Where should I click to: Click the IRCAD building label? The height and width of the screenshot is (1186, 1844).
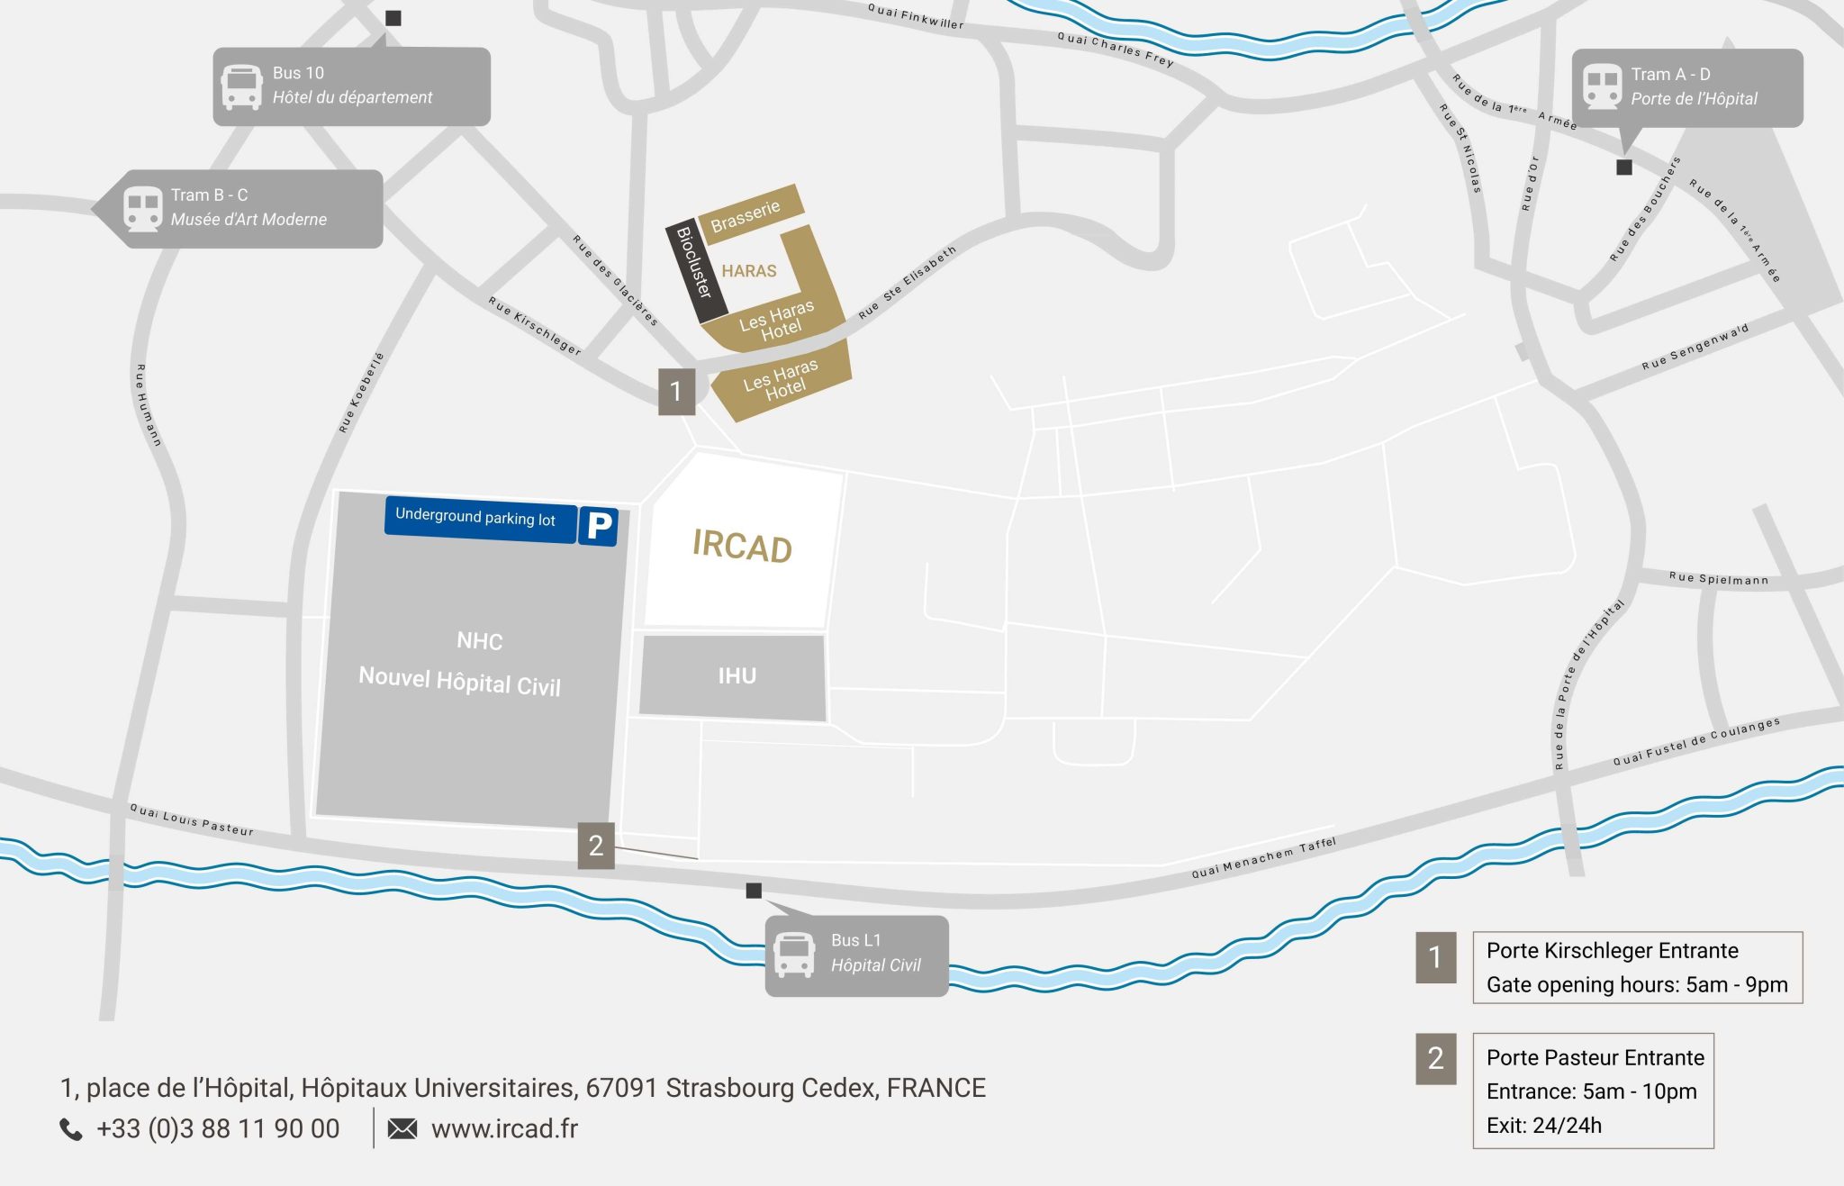(x=742, y=546)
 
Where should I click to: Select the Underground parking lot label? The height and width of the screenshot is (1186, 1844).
(x=475, y=517)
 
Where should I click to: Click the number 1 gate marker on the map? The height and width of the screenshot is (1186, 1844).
(x=676, y=392)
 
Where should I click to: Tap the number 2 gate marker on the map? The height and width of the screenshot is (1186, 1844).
(x=596, y=846)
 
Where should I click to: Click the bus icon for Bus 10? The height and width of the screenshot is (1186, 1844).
(x=242, y=87)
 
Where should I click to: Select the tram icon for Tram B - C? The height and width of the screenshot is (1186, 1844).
(x=142, y=209)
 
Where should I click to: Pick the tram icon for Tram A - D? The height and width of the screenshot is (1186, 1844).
(x=1602, y=87)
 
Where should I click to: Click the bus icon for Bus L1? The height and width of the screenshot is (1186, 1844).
(x=794, y=955)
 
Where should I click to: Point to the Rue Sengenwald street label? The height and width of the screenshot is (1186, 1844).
(x=1695, y=347)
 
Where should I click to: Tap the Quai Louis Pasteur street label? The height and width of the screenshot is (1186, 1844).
(x=192, y=820)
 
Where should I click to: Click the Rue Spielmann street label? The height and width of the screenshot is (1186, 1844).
(x=1718, y=578)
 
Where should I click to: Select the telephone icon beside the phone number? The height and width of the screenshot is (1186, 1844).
(x=71, y=1129)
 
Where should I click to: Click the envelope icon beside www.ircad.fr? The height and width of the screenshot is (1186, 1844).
(x=402, y=1128)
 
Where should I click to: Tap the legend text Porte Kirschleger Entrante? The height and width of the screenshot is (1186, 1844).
(x=1612, y=950)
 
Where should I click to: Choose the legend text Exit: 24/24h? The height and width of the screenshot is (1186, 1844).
(x=1543, y=1125)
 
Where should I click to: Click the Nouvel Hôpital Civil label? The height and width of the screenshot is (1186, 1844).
(x=459, y=681)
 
